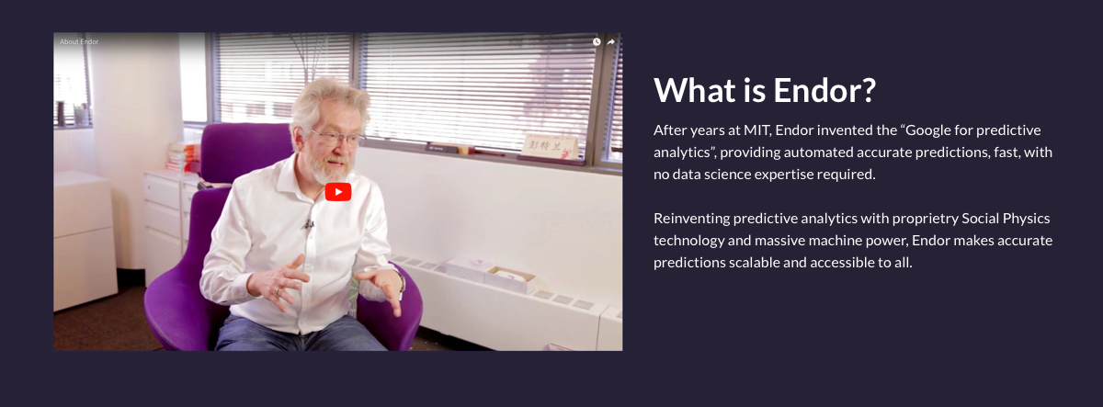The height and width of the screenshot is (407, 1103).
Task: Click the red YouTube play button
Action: click(x=338, y=192)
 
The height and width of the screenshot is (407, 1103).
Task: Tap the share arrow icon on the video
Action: click(x=611, y=42)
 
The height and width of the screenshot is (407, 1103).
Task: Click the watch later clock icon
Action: click(x=597, y=42)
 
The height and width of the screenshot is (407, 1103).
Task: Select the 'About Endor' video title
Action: click(x=79, y=42)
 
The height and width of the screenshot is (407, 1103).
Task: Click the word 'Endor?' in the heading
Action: click(x=824, y=91)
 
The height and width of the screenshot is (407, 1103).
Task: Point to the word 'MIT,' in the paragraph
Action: click(x=757, y=130)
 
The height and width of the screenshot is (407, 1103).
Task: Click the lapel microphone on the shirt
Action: click(x=308, y=224)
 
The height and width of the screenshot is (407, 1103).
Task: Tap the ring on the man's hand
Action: click(x=277, y=292)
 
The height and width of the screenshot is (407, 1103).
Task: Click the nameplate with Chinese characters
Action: click(x=550, y=146)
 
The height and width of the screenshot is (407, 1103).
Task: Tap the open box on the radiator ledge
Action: click(x=510, y=279)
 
